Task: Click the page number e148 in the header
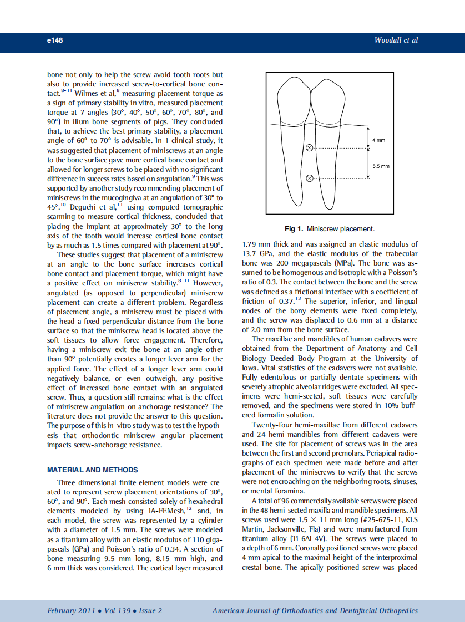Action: [x=55, y=40]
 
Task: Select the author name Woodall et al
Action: [x=396, y=40]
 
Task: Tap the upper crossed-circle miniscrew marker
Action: [x=310, y=147]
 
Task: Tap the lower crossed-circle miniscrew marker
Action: [x=310, y=178]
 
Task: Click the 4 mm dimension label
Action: [x=378, y=141]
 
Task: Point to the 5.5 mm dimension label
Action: [x=381, y=166]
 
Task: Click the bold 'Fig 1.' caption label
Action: [x=294, y=228]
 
